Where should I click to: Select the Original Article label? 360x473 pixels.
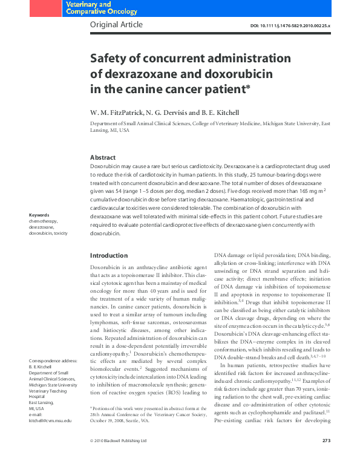coord(116,25)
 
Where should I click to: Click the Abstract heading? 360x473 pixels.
coord(102,157)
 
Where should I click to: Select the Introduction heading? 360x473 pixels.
coord(109,255)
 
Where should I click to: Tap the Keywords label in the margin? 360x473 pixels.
coord(39,215)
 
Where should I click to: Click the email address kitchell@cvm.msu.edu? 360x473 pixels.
coord(50,437)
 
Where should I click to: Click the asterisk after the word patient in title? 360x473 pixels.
coord(248,87)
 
